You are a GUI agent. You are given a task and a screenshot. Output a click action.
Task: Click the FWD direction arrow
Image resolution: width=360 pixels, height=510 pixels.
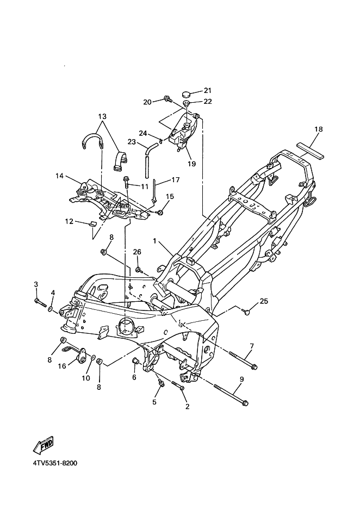coord(44,445)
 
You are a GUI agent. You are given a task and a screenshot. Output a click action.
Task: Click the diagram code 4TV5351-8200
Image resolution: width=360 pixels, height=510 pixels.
coord(55,463)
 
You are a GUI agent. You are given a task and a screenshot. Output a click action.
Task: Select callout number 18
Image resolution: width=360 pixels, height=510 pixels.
coord(319,129)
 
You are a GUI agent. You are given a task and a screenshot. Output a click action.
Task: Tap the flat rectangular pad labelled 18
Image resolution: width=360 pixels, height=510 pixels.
coord(311,151)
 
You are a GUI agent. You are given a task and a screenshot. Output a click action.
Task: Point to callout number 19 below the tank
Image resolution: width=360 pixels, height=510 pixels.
coord(192,164)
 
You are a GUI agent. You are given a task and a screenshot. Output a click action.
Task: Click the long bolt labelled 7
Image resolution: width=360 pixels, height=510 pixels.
coord(243,360)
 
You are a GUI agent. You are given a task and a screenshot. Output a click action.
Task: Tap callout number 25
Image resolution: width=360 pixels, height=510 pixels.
coord(264,301)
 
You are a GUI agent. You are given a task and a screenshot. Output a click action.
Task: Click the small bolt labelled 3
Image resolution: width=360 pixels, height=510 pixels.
coord(40,302)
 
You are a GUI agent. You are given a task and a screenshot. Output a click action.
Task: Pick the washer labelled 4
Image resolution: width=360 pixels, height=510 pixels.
coord(51,308)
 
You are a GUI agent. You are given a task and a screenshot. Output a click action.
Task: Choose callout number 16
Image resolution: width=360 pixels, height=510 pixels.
coord(62,366)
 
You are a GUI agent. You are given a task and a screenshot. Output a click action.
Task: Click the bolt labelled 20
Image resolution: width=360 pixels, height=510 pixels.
coord(168,99)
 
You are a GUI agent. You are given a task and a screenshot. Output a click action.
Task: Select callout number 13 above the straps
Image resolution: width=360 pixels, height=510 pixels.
coord(102,116)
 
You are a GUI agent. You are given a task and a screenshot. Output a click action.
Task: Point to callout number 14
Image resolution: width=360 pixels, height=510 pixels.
coord(59,176)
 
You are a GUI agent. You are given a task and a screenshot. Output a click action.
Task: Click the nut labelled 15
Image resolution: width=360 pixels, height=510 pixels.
coord(160,213)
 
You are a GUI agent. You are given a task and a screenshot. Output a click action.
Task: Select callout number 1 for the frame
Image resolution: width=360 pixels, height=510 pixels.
coord(155,241)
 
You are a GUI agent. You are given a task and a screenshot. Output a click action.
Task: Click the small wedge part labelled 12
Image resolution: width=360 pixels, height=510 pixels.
coord(92,224)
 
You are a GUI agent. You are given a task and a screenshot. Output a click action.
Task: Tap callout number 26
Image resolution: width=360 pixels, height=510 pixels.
coord(137,252)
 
